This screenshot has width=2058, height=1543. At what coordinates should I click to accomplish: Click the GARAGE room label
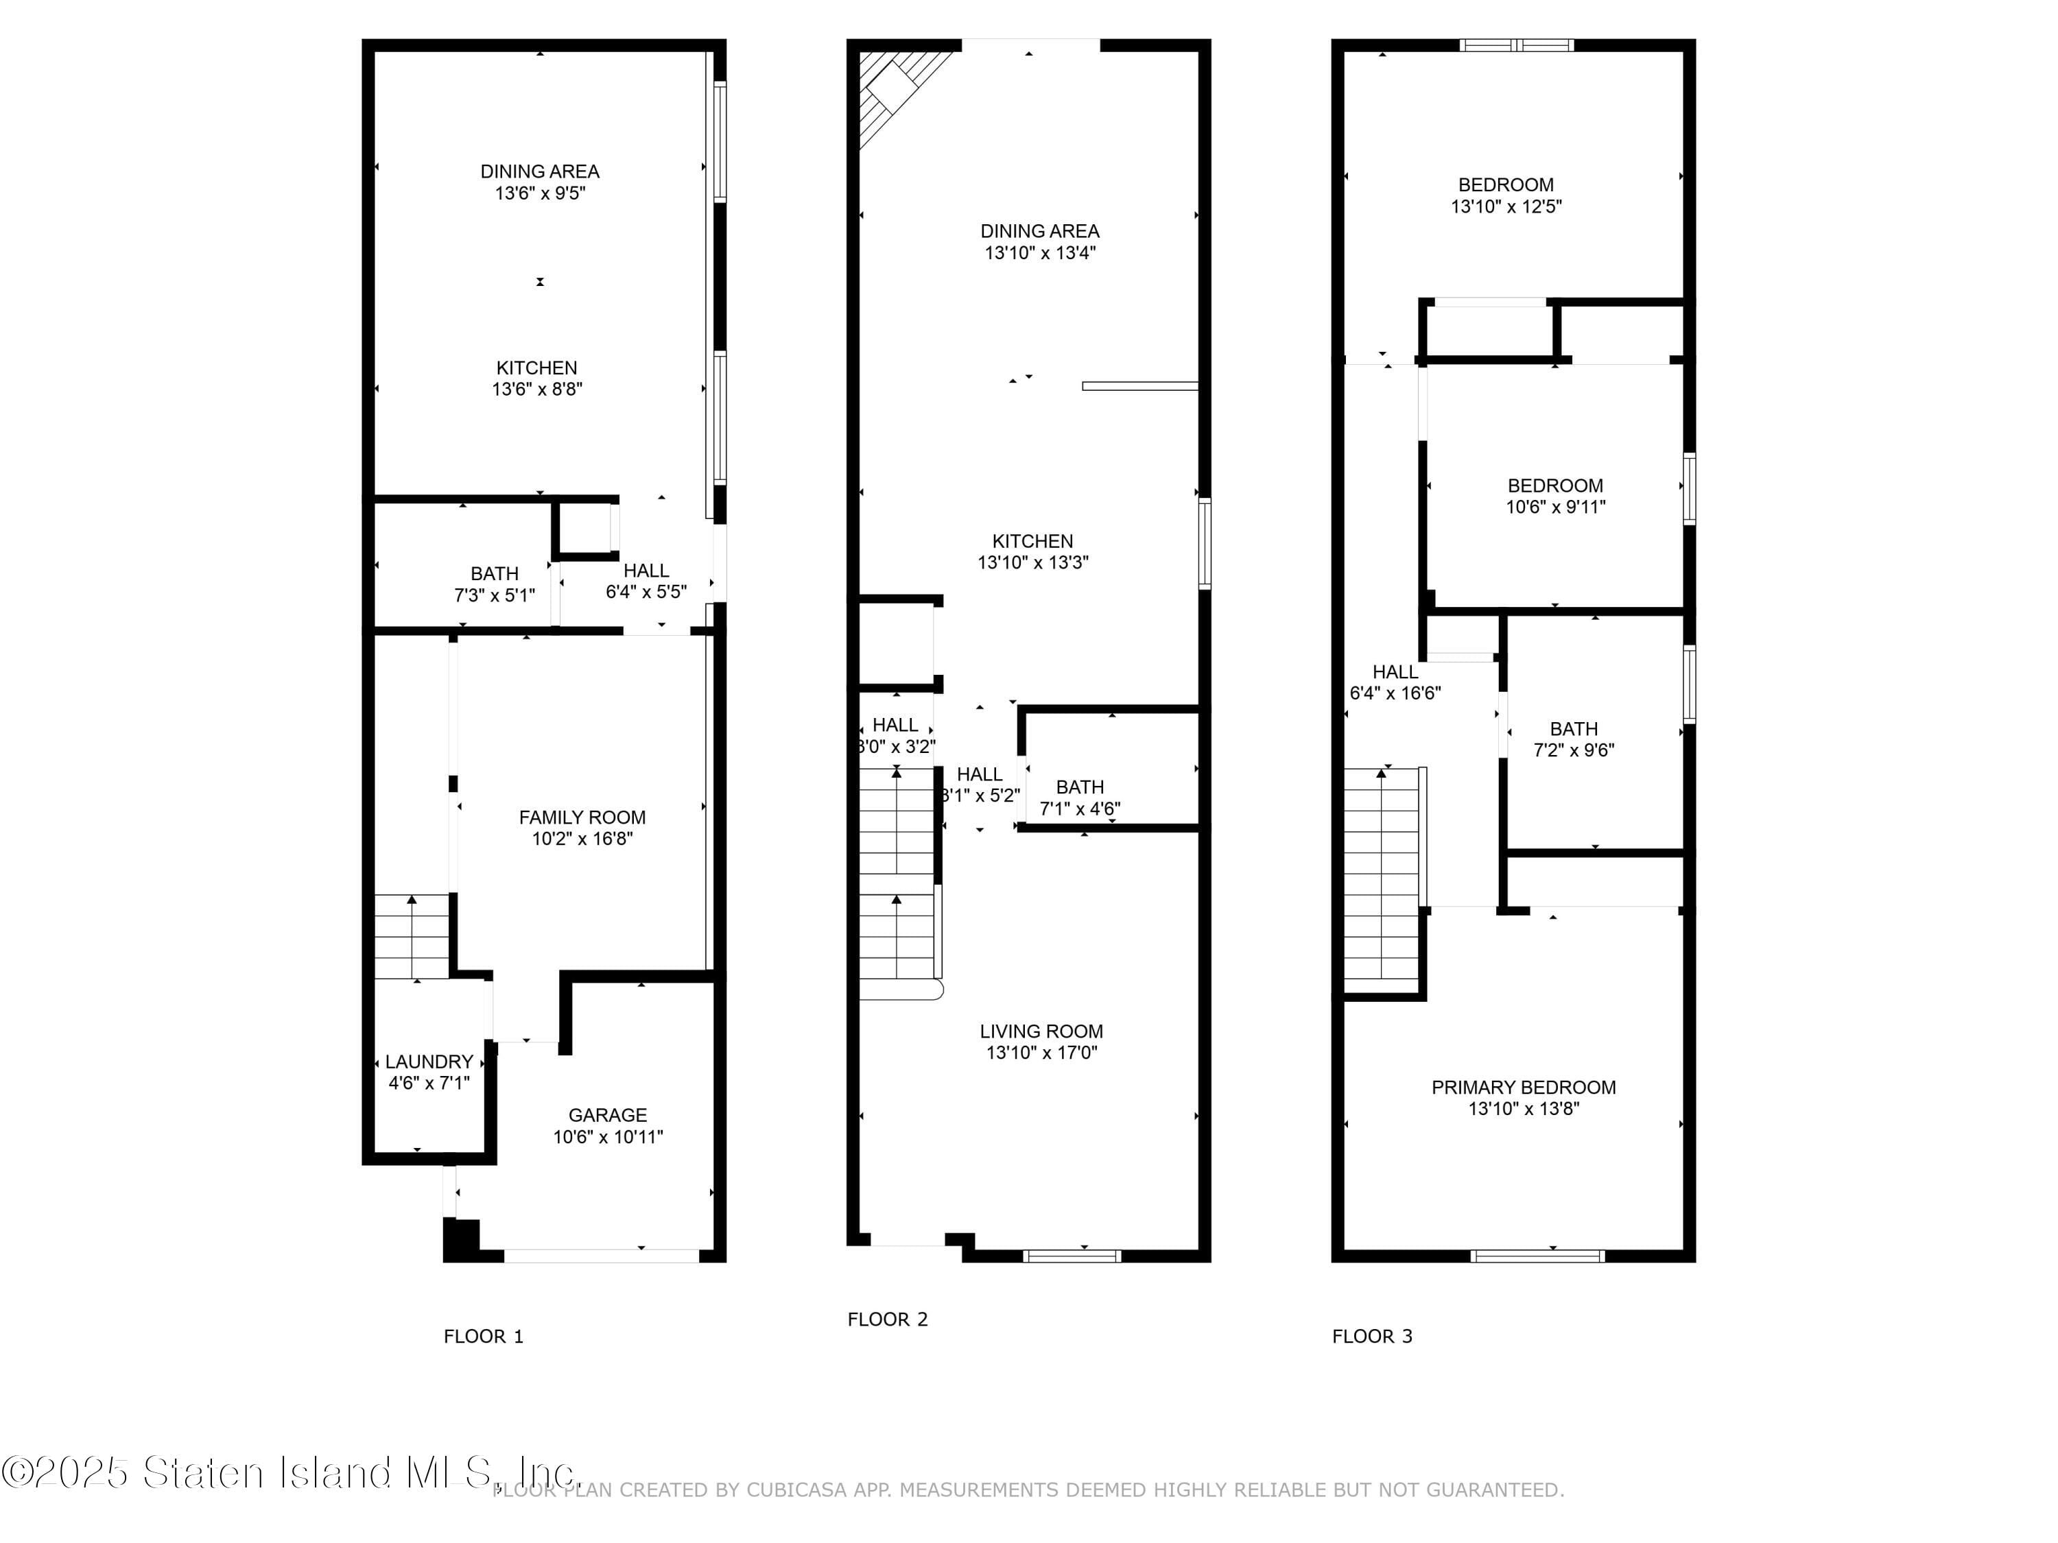pyautogui.click(x=608, y=1114)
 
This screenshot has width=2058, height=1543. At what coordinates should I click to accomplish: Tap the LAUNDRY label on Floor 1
pyautogui.click(x=429, y=1061)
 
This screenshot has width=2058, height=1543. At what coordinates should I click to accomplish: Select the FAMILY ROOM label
pyautogui.click(x=582, y=817)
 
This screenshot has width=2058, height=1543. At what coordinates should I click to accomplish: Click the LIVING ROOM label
pyautogui.click(x=1041, y=1031)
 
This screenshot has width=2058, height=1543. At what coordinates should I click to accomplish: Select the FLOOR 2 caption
pyautogui.click(x=888, y=1319)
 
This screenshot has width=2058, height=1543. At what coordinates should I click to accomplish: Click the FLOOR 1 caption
pyautogui.click(x=483, y=1336)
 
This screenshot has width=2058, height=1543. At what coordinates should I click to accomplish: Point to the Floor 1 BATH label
pyautogui.click(x=494, y=573)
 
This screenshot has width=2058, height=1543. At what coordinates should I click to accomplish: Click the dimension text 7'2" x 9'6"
pyautogui.click(x=1573, y=750)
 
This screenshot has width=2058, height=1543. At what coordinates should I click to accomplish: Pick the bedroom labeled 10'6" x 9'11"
pyautogui.click(x=1554, y=495)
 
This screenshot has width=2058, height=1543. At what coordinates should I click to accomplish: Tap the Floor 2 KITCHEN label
pyautogui.click(x=1032, y=540)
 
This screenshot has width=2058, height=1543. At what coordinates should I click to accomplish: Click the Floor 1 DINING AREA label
pyautogui.click(x=540, y=171)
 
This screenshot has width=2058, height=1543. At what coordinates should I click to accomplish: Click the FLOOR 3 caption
pyautogui.click(x=1371, y=1336)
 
